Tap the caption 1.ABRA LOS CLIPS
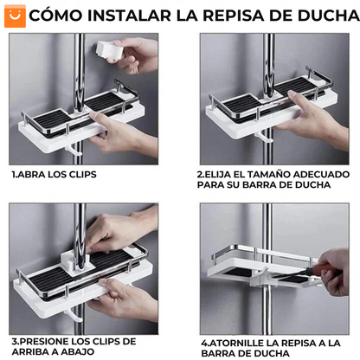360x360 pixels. point(54,174)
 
